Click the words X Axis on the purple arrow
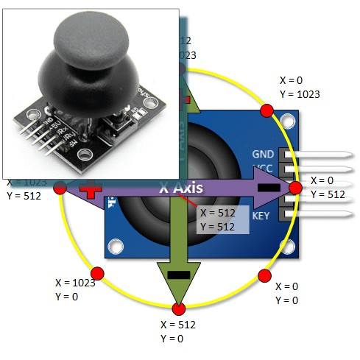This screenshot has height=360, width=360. click(182, 188)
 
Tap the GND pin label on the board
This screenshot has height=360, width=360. click(263, 155)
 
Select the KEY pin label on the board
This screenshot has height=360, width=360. click(261, 216)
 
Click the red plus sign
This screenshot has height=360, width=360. click(90, 189)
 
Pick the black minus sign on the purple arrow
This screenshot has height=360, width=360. click(269, 188)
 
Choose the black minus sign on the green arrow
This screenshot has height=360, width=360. click(177, 274)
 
